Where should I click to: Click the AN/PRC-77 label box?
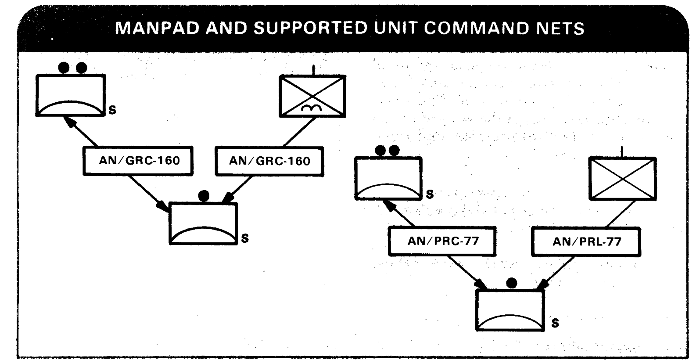tap(442, 241)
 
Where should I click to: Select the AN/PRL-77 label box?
tap(586, 241)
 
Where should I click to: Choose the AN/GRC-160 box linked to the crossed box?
tap(269, 161)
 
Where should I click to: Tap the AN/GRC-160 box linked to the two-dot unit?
tap(138, 161)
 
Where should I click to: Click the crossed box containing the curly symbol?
tap(312, 96)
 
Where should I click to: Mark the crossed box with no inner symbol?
tap(622, 179)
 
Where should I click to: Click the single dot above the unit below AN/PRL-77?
tap(511, 283)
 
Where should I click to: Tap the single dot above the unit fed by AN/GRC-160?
tap(204, 196)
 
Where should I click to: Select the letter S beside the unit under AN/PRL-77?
tap(555, 324)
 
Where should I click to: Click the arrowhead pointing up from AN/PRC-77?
tap(387, 204)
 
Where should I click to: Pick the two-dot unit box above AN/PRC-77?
tap(388, 179)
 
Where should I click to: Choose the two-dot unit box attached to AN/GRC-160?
tap(71, 95)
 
